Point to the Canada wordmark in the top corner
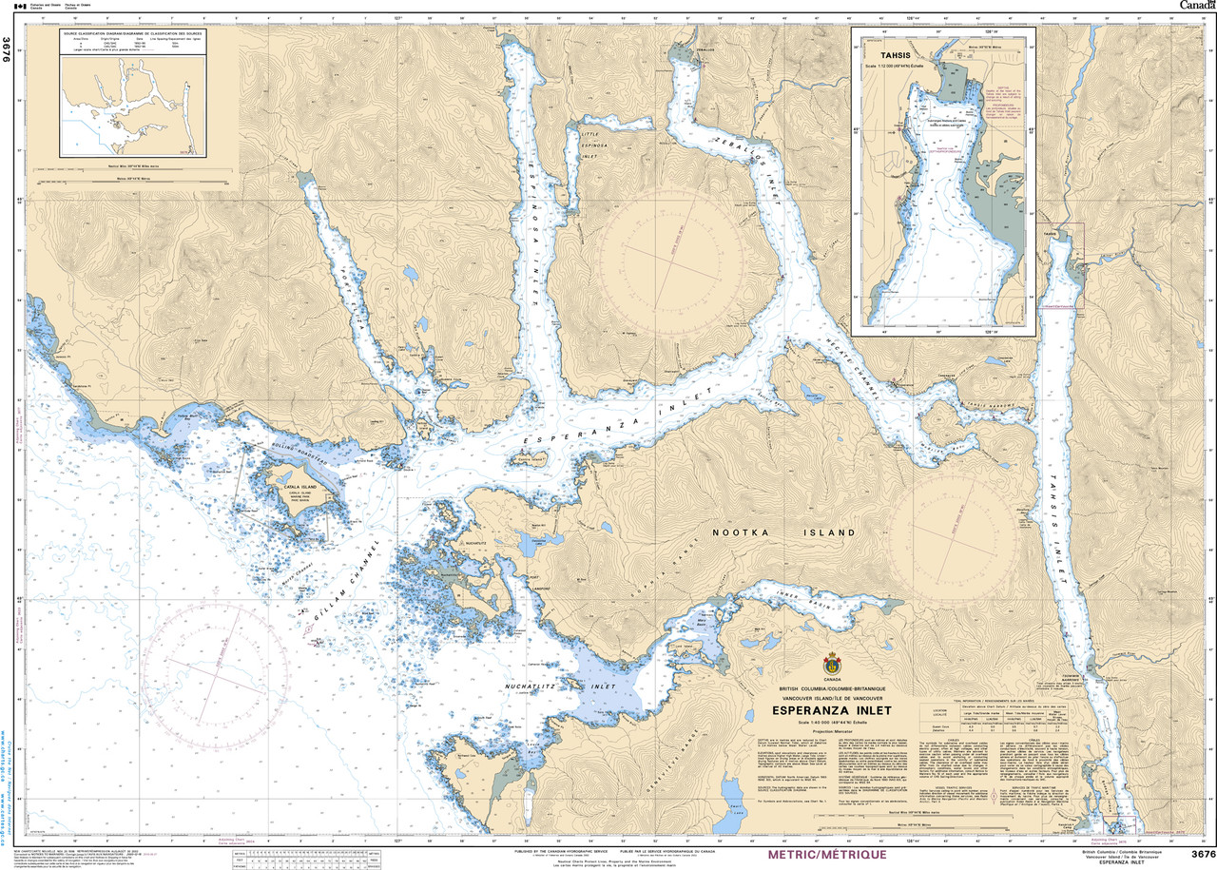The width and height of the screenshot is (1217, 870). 1196,6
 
